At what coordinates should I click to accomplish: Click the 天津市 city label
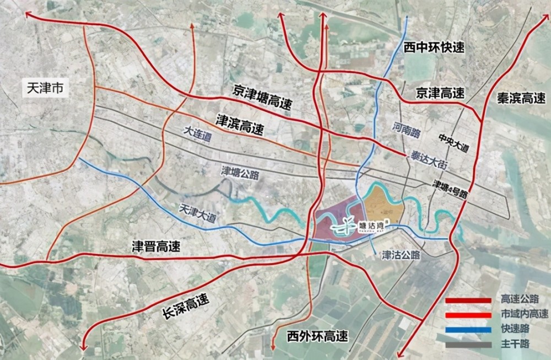(44, 88)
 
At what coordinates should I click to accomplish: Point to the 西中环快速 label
(434, 47)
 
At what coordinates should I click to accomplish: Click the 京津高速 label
(440, 92)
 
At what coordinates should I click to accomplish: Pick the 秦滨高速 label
(517, 98)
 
